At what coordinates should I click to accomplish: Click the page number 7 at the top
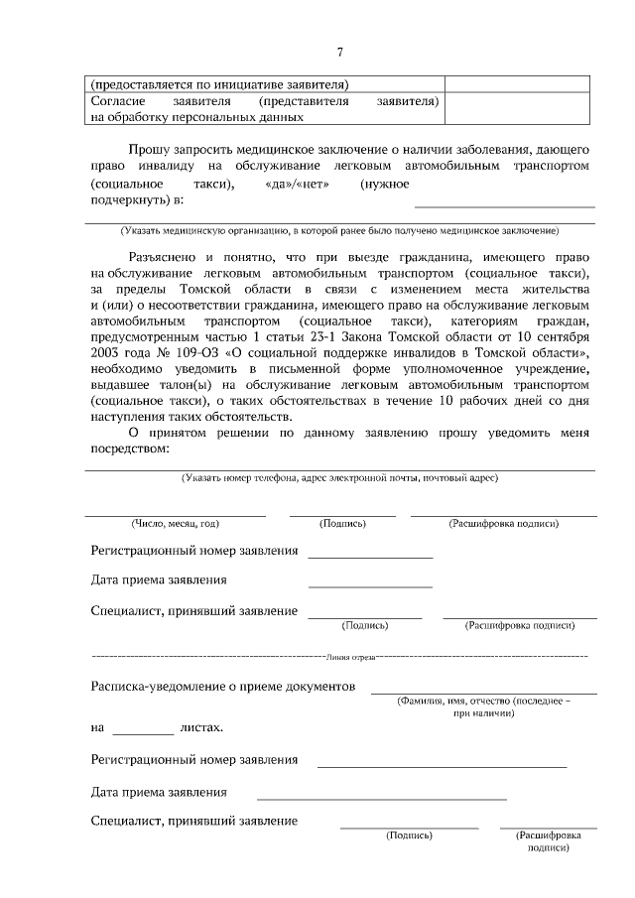point(339,52)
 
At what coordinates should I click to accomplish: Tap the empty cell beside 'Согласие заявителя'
point(520,108)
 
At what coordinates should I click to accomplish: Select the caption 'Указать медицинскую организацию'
point(339,231)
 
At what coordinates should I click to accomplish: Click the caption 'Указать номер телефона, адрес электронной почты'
point(339,477)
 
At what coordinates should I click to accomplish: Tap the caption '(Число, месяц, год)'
point(175,523)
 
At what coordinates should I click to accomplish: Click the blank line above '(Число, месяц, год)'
point(175,514)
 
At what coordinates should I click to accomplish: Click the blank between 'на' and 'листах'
point(143,732)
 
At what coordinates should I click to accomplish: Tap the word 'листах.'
point(202,727)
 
